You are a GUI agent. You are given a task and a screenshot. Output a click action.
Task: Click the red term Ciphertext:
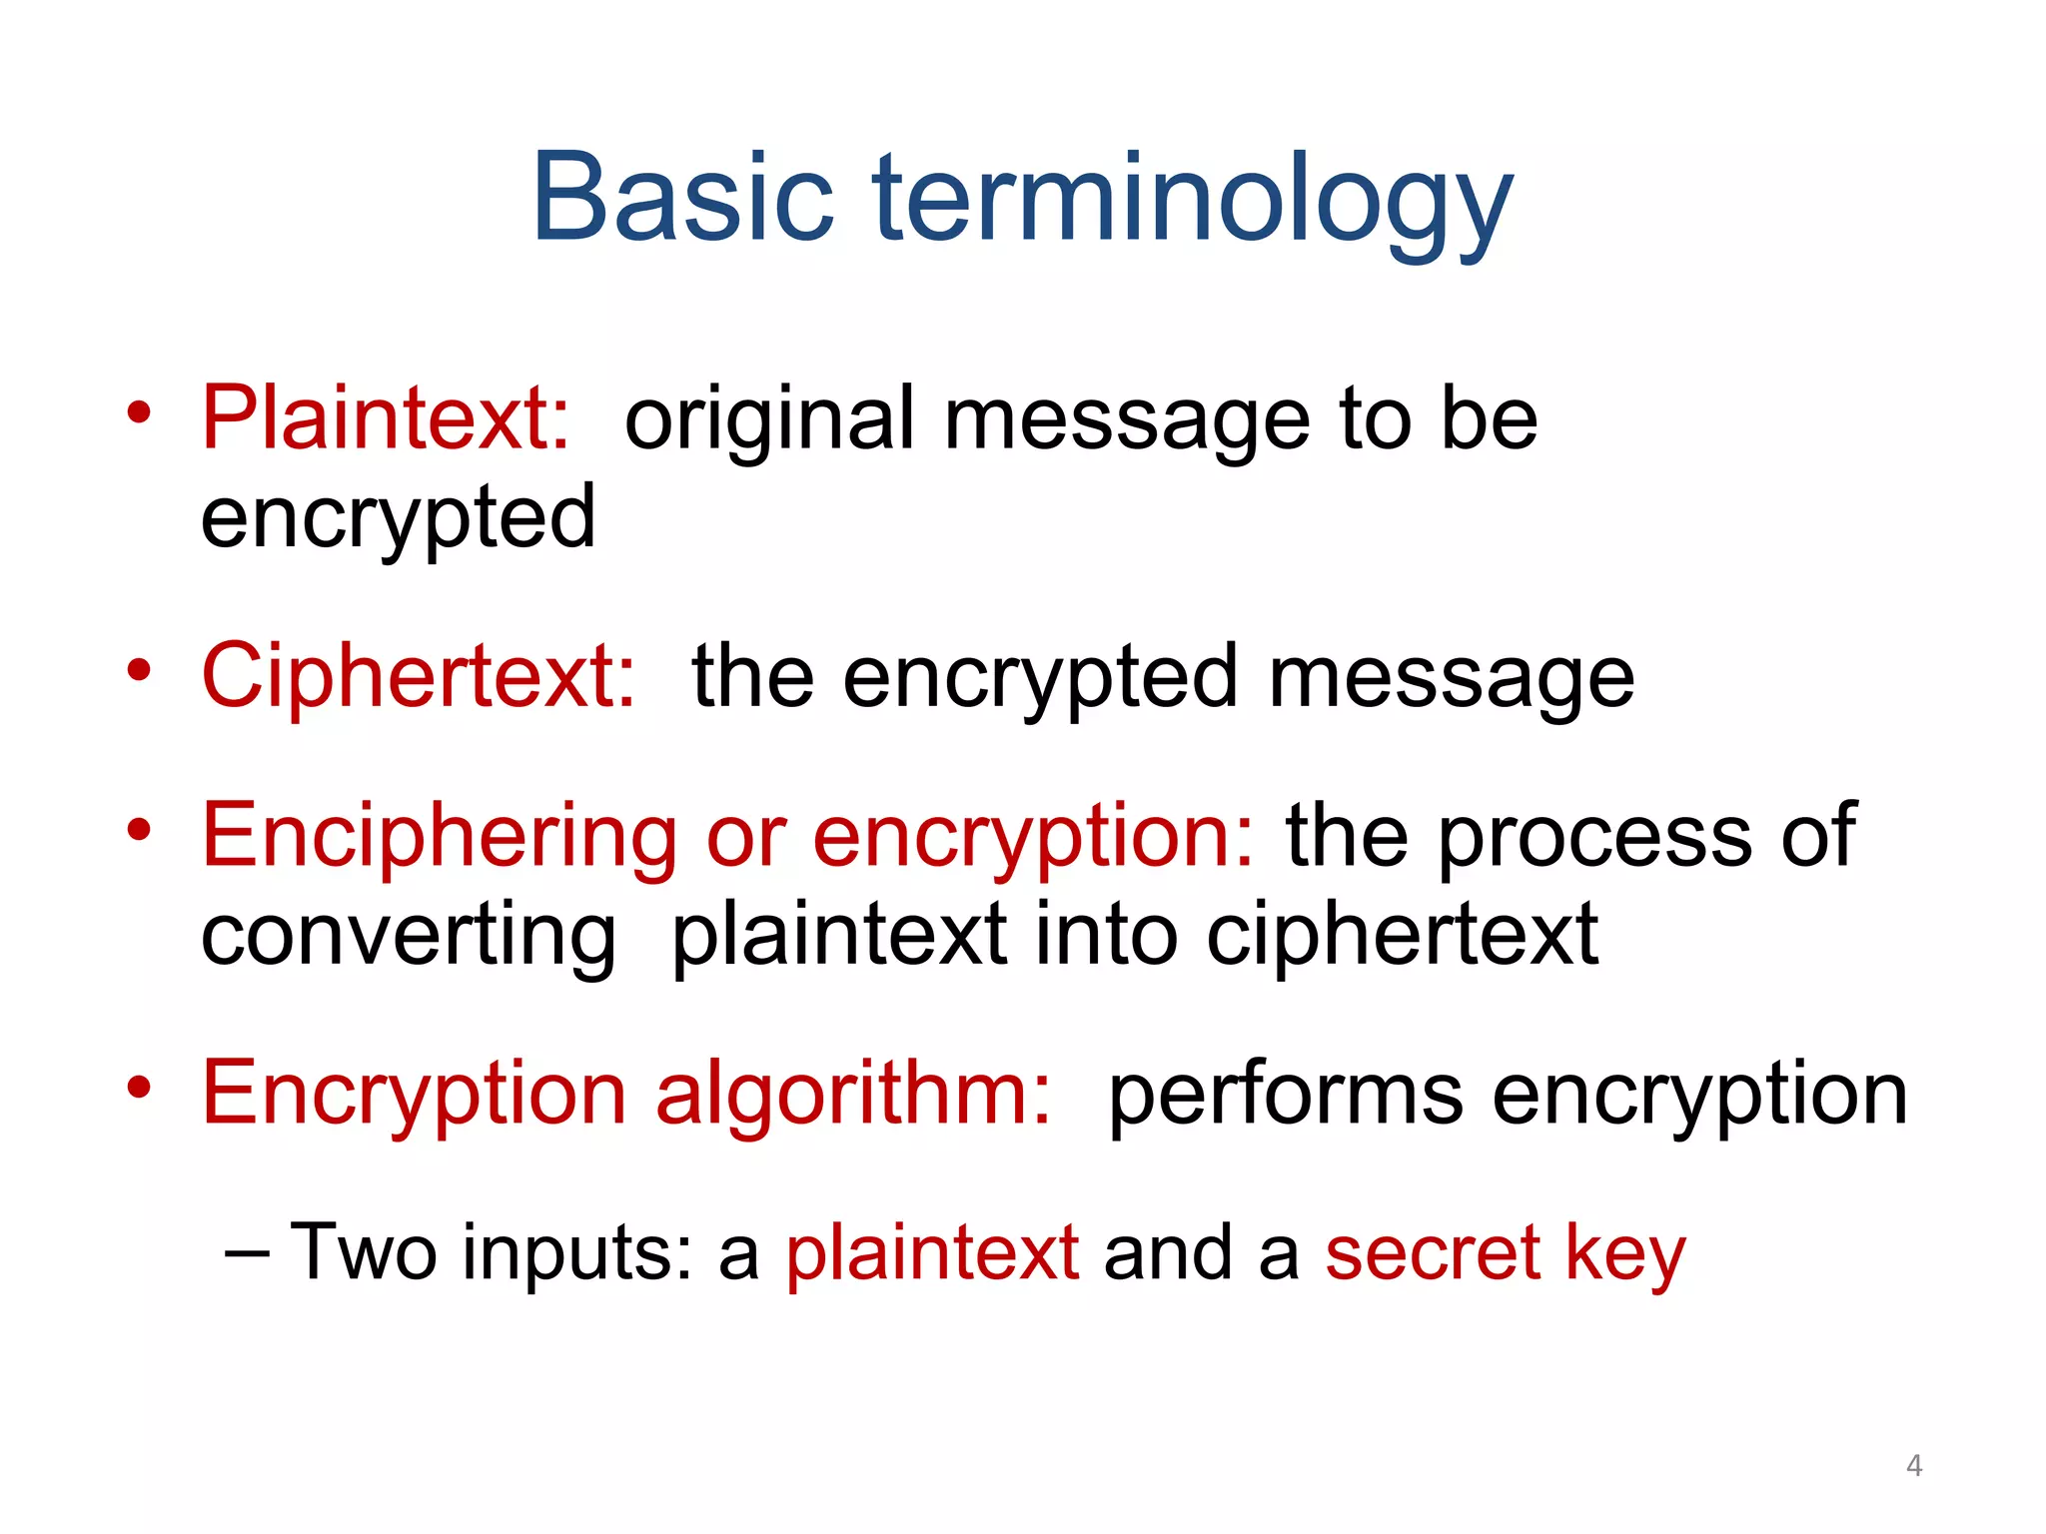(419, 676)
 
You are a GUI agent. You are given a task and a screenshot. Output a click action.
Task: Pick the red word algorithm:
(852, 1096)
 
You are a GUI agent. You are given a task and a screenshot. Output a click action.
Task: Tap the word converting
(408, 937)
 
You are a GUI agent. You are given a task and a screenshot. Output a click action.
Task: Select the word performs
(1286, 1096)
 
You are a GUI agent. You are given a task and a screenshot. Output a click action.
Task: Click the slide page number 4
(1914, 1465)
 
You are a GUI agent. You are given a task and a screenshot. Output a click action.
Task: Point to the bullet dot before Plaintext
(139, 412)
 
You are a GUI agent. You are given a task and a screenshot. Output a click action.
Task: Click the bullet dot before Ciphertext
(139, 670)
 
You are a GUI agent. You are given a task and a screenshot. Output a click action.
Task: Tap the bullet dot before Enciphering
(139, 830)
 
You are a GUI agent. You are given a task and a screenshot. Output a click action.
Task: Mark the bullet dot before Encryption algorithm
(139, 1088)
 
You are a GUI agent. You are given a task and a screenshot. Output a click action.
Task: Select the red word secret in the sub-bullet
(1433, 1252)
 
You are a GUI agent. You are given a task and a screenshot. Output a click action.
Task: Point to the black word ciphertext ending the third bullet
(1402, 937)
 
